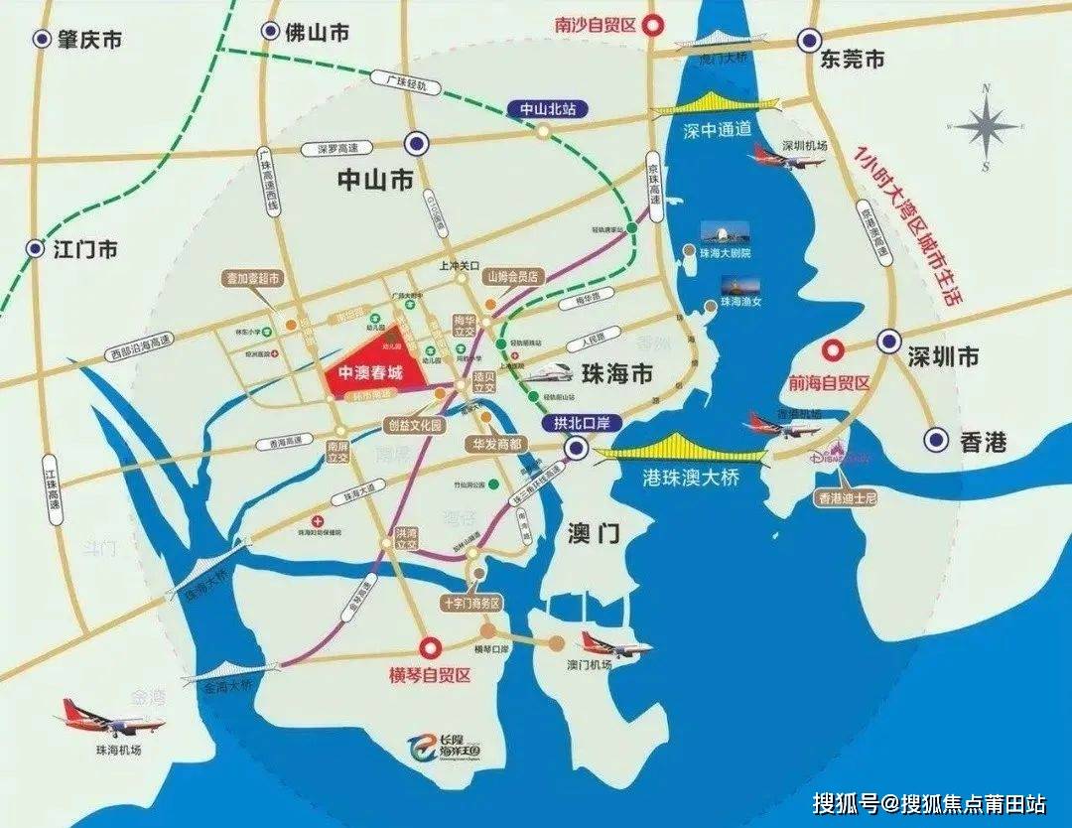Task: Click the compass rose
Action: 987,127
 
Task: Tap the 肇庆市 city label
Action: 89,40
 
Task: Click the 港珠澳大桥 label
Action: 687,476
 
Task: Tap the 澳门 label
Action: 596,535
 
